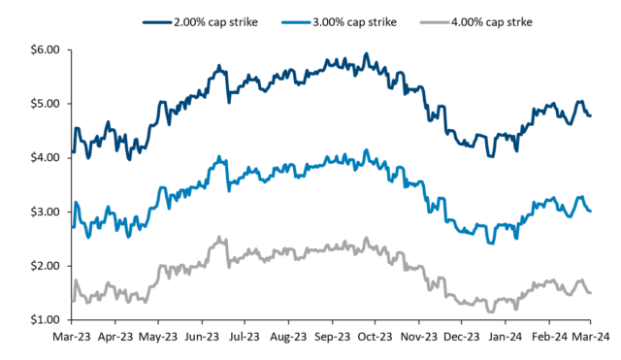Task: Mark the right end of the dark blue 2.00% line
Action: [x=591, y=115]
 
